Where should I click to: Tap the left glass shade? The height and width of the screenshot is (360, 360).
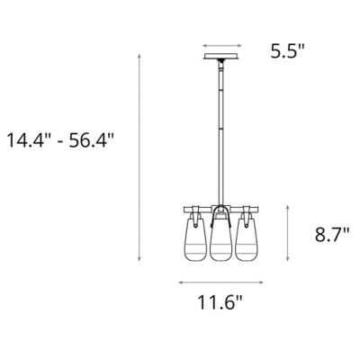[194, 239]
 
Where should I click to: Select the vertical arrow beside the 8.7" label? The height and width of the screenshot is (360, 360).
[287, 236]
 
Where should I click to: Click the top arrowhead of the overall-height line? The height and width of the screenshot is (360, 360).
[140, 56]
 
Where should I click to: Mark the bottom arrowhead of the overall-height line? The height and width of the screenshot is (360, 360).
[140, 262]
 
